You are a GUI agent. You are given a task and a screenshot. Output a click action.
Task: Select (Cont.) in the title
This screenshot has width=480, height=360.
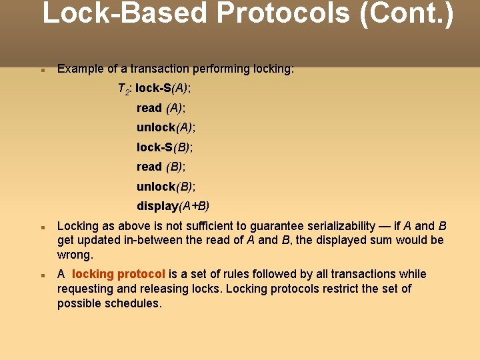(406, 15)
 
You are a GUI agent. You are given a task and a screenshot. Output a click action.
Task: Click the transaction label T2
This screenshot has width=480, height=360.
(123, 89)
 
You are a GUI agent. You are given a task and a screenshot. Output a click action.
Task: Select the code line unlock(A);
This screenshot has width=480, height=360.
(166, 127)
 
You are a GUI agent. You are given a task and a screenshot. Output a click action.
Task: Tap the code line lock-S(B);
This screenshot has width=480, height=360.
(165, 147)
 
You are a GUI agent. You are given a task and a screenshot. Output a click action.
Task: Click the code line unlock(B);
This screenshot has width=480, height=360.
(166, 186)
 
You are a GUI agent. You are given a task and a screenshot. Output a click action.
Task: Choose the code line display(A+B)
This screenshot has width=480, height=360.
(173, 205)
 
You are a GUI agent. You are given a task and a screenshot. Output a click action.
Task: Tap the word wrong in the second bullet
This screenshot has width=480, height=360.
(74, 255)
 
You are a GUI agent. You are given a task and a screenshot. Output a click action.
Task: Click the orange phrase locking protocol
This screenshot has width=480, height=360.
(118, 274)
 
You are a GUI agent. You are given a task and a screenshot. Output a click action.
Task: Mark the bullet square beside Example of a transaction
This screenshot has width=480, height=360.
(42, 69)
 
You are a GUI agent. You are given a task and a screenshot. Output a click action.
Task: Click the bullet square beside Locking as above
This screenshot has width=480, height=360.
(42, 226)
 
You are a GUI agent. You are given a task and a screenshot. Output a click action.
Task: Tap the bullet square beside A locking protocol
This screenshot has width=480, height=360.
(42, 275)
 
